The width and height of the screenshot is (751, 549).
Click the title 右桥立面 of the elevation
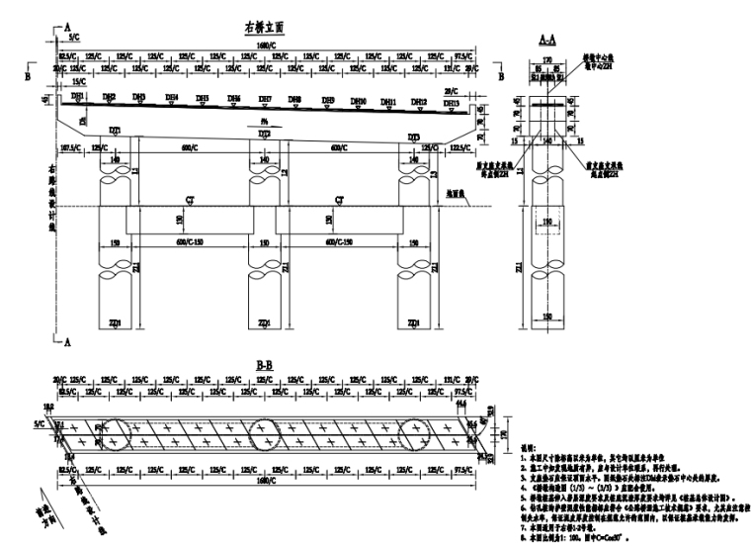(x=264, y=29)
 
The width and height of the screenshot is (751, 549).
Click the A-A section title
(x=551, y=40)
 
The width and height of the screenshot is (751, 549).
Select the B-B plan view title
(x=264, y=365)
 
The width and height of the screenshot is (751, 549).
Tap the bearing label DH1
(x=77, y=96)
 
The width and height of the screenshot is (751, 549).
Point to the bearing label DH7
(x=265, y=99)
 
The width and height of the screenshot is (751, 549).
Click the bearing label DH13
(x=451, y=103)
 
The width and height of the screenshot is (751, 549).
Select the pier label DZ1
(x=116, y=131)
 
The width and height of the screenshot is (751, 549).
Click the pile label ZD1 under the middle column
(x=264, y=322)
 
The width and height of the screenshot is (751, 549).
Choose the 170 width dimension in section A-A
(x=551, y=58)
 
